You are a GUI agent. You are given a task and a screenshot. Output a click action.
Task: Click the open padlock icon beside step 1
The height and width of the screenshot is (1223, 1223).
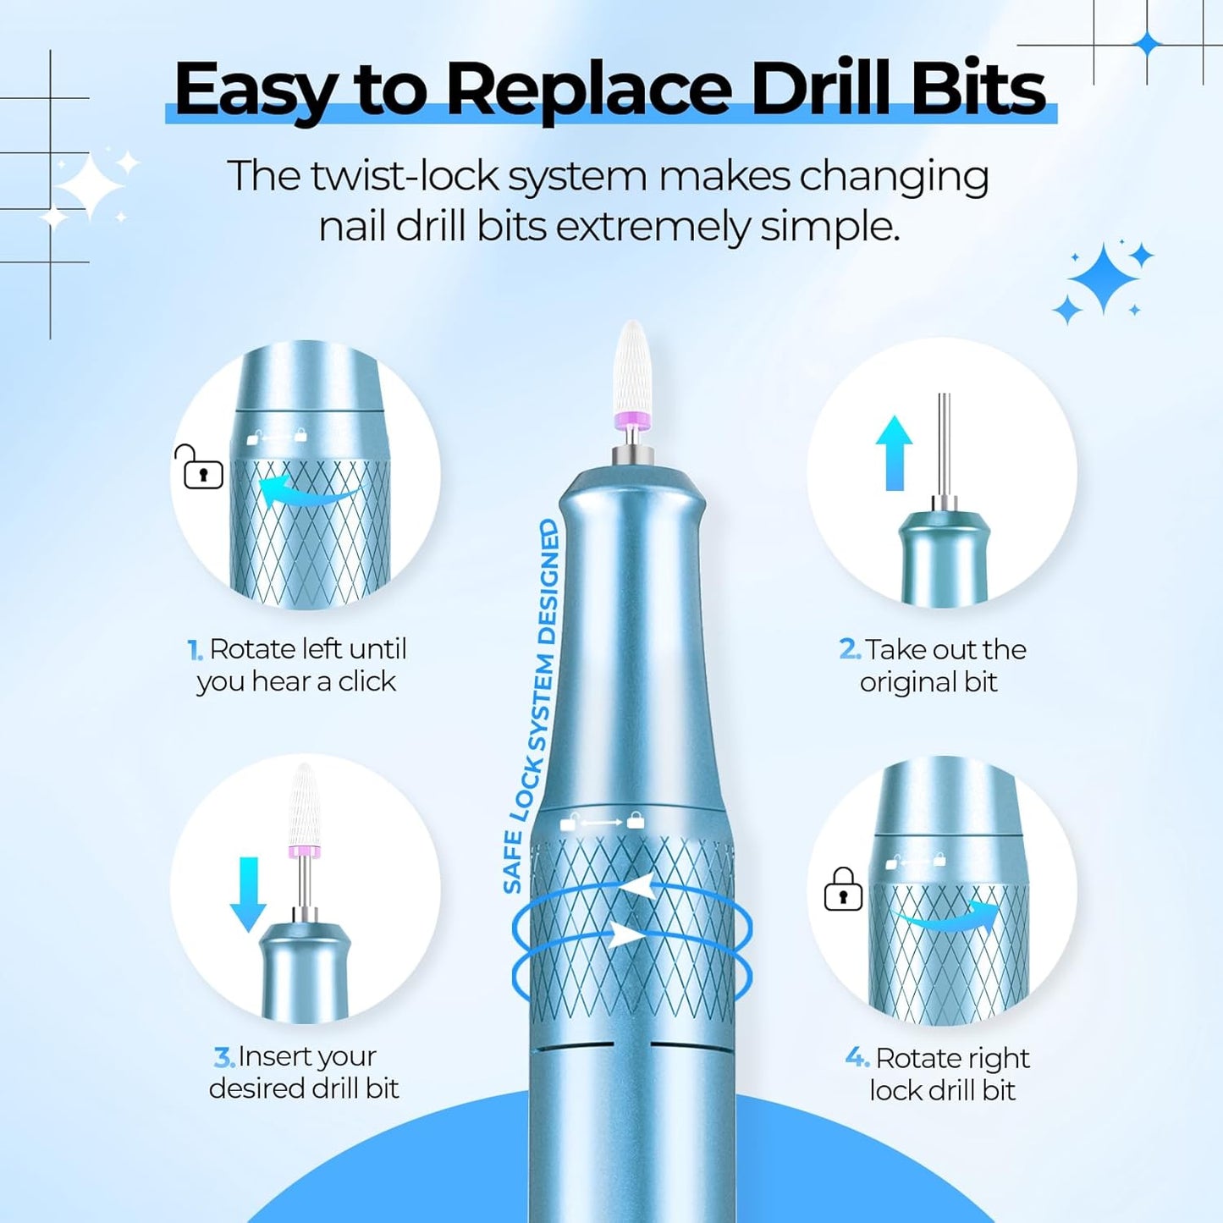click(200, 468)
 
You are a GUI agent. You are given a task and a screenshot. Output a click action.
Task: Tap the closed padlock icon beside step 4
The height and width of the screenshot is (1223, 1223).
click(843, 890)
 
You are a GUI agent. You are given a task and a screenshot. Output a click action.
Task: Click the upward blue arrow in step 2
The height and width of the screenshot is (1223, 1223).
click(894, 453)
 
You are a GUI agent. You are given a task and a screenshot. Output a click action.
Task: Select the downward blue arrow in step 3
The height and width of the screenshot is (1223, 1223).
click(248, 894)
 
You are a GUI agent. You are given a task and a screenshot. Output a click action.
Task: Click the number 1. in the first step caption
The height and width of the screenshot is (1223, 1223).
click(195, 650)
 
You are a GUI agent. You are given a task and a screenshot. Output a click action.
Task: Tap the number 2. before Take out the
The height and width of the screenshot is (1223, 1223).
click(849, 649)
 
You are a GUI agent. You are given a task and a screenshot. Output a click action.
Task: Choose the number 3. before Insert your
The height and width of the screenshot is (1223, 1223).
click(223, 1057)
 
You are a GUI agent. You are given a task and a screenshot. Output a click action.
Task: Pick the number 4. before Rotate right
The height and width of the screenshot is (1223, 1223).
click(857, 1058)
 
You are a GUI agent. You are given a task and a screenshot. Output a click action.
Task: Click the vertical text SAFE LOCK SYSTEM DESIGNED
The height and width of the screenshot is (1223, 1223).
click(532, 707)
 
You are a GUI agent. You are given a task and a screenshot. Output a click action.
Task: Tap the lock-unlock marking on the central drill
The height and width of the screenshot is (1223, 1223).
click(603, 821)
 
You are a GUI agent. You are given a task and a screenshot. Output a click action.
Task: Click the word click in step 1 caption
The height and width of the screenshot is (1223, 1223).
click(366, 681)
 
